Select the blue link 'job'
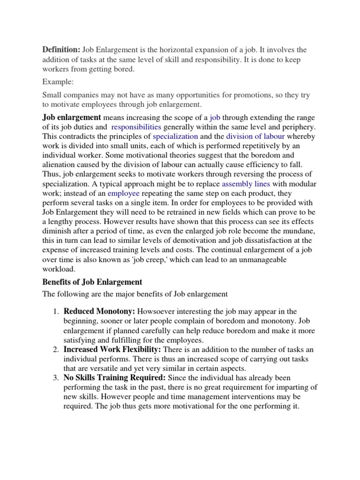[215, 117]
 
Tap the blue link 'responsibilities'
[136, 127]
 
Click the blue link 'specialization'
[175, 136]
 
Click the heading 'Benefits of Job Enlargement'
[92, 282]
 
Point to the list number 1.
[55, 312]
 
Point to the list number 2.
[55, 350]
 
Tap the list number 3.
[55, 378]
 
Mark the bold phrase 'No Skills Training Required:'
[114, 378]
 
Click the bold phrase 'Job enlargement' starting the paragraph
[72, 117]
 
